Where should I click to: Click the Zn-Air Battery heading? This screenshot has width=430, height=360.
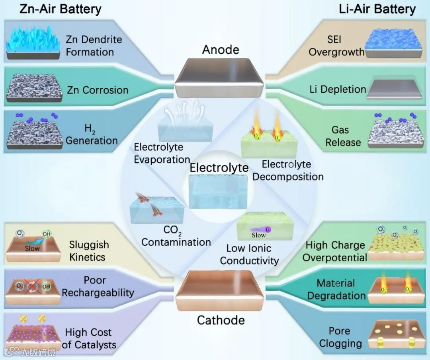[61, 9]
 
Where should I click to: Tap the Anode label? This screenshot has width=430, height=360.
[221, 50]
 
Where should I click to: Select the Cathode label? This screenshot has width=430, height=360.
[221, 320]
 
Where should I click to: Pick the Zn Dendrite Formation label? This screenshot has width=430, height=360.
[94, 46]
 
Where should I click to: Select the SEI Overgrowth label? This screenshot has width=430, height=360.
[336, 46]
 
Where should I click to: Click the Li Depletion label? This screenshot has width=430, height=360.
[338, 90]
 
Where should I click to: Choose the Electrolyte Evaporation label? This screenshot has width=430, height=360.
[162, 153]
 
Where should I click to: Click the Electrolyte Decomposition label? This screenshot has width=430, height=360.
[288, 170]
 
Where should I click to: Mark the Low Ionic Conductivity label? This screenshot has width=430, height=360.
[249, 255]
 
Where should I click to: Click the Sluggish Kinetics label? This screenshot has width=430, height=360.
[89, 251]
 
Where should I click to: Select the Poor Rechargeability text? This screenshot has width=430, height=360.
[98, 286]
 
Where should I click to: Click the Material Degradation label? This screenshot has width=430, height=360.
[336, 289]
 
